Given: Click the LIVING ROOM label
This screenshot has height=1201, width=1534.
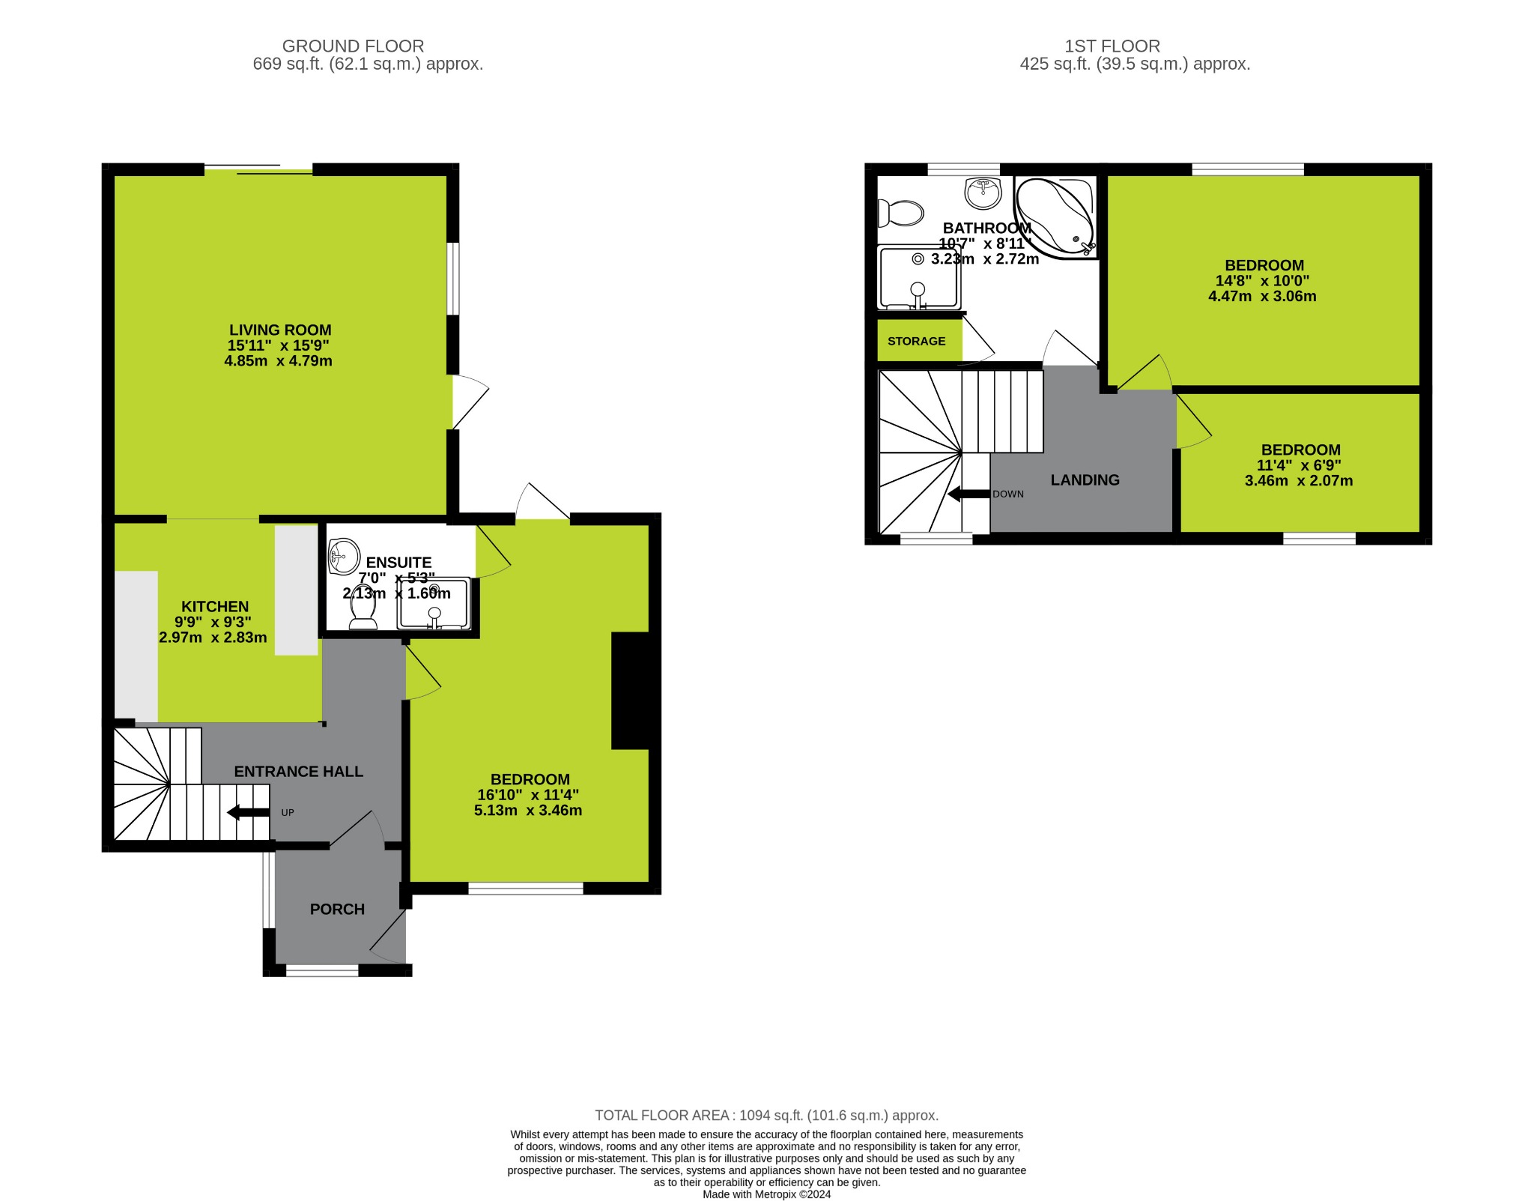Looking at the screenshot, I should [280, 330].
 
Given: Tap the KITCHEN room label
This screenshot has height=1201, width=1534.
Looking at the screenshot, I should [215, 607].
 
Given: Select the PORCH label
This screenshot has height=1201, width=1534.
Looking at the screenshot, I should [337, 909].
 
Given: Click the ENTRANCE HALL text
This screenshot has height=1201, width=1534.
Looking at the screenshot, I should [298, 771].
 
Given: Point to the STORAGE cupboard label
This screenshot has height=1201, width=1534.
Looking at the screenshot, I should [916, 341].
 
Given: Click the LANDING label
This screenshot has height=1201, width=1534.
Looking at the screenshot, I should [1085, 480].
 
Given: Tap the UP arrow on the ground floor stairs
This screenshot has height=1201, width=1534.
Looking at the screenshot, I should [248, 812].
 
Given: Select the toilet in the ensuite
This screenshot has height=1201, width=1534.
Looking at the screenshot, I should [363, 608].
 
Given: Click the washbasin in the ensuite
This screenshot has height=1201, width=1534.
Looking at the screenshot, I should [344, 556].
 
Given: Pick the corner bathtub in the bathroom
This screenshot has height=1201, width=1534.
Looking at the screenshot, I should [1055, 216].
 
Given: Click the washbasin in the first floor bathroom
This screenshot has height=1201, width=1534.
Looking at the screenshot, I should [983, 193].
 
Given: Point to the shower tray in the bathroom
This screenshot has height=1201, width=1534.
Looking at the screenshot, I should [919, 279].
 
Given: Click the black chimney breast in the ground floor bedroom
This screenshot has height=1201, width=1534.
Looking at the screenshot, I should [631, 690].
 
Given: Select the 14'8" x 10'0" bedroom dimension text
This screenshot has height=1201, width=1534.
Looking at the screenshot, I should [1262, 281].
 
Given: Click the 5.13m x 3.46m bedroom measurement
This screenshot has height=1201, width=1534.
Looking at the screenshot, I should [528, 811].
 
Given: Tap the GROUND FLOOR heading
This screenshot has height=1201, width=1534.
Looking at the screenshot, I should [353, 46].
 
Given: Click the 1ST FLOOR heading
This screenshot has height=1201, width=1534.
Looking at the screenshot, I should [1112, 46].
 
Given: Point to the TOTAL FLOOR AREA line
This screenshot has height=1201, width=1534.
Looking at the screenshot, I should [766, 1116].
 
